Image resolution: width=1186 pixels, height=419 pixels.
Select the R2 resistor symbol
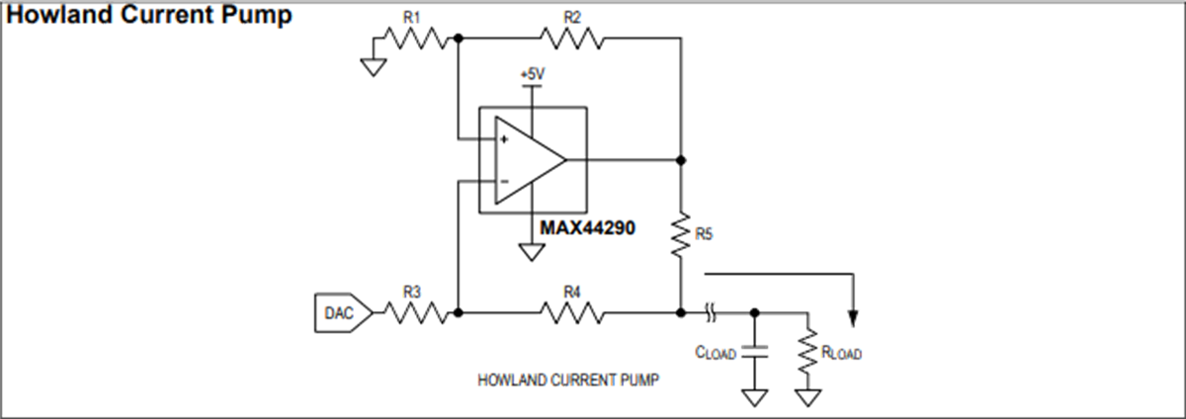point(571,39)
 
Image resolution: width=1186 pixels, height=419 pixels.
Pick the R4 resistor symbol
point(571,313)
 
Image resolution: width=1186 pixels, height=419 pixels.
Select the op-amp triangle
point(528,159)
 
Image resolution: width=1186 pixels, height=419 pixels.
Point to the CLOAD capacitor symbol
point(754,350)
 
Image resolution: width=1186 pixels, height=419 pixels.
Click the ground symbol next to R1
point(374,66)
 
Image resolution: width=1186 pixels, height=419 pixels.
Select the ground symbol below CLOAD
point(754,398)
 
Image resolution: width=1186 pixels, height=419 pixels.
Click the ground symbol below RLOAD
point(809,398)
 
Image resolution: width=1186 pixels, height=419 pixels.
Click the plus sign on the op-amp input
point(504,139)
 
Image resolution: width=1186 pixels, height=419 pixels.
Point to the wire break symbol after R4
point(711,313)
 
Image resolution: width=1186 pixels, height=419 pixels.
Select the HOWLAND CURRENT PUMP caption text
point(568,378)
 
